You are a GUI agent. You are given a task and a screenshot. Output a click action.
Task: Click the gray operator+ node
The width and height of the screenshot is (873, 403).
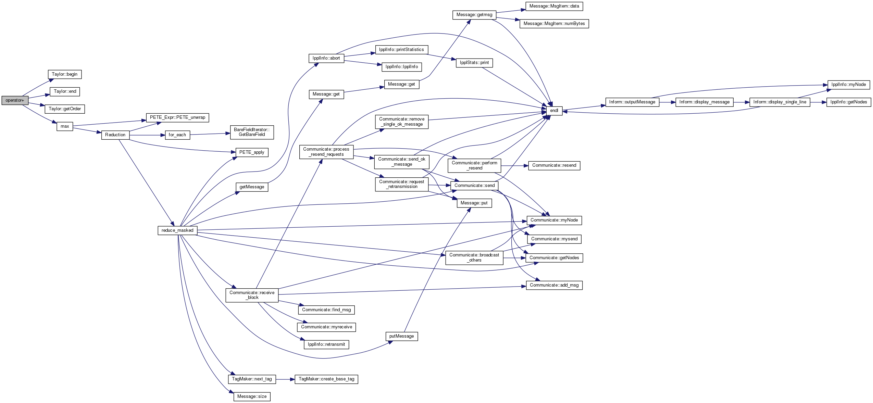click(x=15, y=100)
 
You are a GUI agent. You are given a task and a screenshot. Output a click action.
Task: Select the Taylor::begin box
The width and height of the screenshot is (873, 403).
click(x=65, y=74)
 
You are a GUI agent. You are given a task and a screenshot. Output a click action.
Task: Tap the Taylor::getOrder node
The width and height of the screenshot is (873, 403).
click(x=65, y=109)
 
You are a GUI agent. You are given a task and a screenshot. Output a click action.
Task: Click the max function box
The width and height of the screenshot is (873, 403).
click(x=65, y=126)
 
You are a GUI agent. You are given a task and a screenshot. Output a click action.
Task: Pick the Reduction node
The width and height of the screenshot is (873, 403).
click(x=115, y=135)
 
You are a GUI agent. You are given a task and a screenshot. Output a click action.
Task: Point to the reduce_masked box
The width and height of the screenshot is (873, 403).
click(x=177, y=230)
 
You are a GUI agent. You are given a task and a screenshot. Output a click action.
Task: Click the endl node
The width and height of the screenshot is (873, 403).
click(x=554, y=111)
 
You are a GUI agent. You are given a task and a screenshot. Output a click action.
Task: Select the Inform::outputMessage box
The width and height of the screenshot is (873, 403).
click(x=632, y=102)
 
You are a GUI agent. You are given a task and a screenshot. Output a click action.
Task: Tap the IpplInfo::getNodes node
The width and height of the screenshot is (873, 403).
click(x=849, y=102)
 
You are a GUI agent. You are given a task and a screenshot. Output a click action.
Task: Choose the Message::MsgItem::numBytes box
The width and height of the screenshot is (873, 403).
click(x=554, y=24)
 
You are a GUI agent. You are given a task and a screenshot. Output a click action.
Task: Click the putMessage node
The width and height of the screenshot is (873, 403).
click(x=401, y=336)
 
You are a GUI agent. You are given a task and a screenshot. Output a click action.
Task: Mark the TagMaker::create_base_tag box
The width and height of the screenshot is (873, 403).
click(x=326, y=379)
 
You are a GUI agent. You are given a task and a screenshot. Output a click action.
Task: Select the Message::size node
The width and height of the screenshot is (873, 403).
click(x=252, y=396)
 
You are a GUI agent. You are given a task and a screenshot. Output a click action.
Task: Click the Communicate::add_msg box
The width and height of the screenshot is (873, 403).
click(x=554, y=285)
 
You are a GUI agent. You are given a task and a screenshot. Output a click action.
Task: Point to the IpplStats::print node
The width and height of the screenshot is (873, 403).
click(x=474, y=63)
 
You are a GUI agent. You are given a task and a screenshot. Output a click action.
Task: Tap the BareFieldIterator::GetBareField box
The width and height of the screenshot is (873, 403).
click(x=252, y=132)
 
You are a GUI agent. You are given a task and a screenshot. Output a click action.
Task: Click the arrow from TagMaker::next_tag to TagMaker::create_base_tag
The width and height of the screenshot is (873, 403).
click(x=285, y=379)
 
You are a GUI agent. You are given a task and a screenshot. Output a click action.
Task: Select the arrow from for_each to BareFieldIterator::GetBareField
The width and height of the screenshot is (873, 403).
click(x=210, y=134)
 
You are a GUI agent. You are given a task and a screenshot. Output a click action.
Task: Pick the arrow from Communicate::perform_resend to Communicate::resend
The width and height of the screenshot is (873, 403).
click(x=514, y=166)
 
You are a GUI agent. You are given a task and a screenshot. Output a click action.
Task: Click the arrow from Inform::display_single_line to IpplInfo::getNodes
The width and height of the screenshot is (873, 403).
click(x=818, y=102)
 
